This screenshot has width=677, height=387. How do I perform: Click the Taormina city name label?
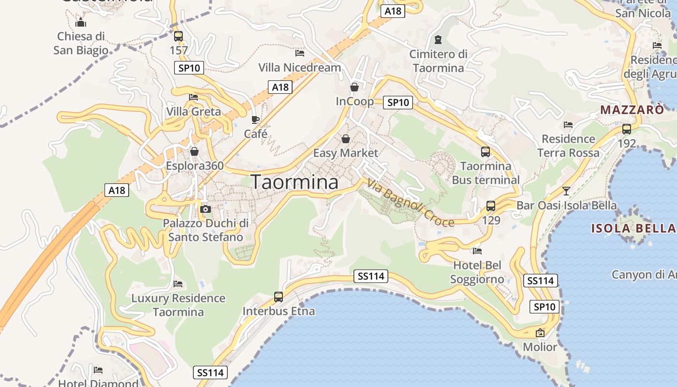click(295, 182)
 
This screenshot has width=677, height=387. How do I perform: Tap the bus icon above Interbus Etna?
click(279, 297)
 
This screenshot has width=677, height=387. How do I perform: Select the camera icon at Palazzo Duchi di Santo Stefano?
click(206, 209)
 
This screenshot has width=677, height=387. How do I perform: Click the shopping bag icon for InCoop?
click(354, 87)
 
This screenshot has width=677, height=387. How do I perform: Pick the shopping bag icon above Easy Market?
click(346, 139)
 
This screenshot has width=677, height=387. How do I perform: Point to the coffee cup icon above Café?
click(255, 119)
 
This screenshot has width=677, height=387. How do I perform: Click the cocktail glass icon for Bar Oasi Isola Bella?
click(566, 191)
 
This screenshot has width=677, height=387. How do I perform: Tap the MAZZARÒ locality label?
click(632, 110)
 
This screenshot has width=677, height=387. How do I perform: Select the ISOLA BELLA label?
click(633, 228)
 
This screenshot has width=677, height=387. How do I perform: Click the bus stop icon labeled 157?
click(178, 36)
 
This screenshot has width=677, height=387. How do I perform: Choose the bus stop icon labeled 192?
click(627, 129)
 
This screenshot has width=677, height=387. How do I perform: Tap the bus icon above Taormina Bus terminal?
click(486, 152)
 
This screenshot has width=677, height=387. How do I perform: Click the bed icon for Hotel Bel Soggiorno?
click(477, 251)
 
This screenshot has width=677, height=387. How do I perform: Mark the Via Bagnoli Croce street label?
click(411, 203)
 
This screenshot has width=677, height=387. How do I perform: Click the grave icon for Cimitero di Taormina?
click(438, 39)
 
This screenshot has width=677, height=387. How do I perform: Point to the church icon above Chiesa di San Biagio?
click(81, 22)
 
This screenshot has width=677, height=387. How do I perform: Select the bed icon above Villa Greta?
click(193, 97)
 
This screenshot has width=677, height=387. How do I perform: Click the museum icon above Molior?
click(540, 333)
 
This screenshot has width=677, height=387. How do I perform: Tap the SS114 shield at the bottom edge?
click(210, 372)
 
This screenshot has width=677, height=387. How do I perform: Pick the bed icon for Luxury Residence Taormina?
click(178, 283)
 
